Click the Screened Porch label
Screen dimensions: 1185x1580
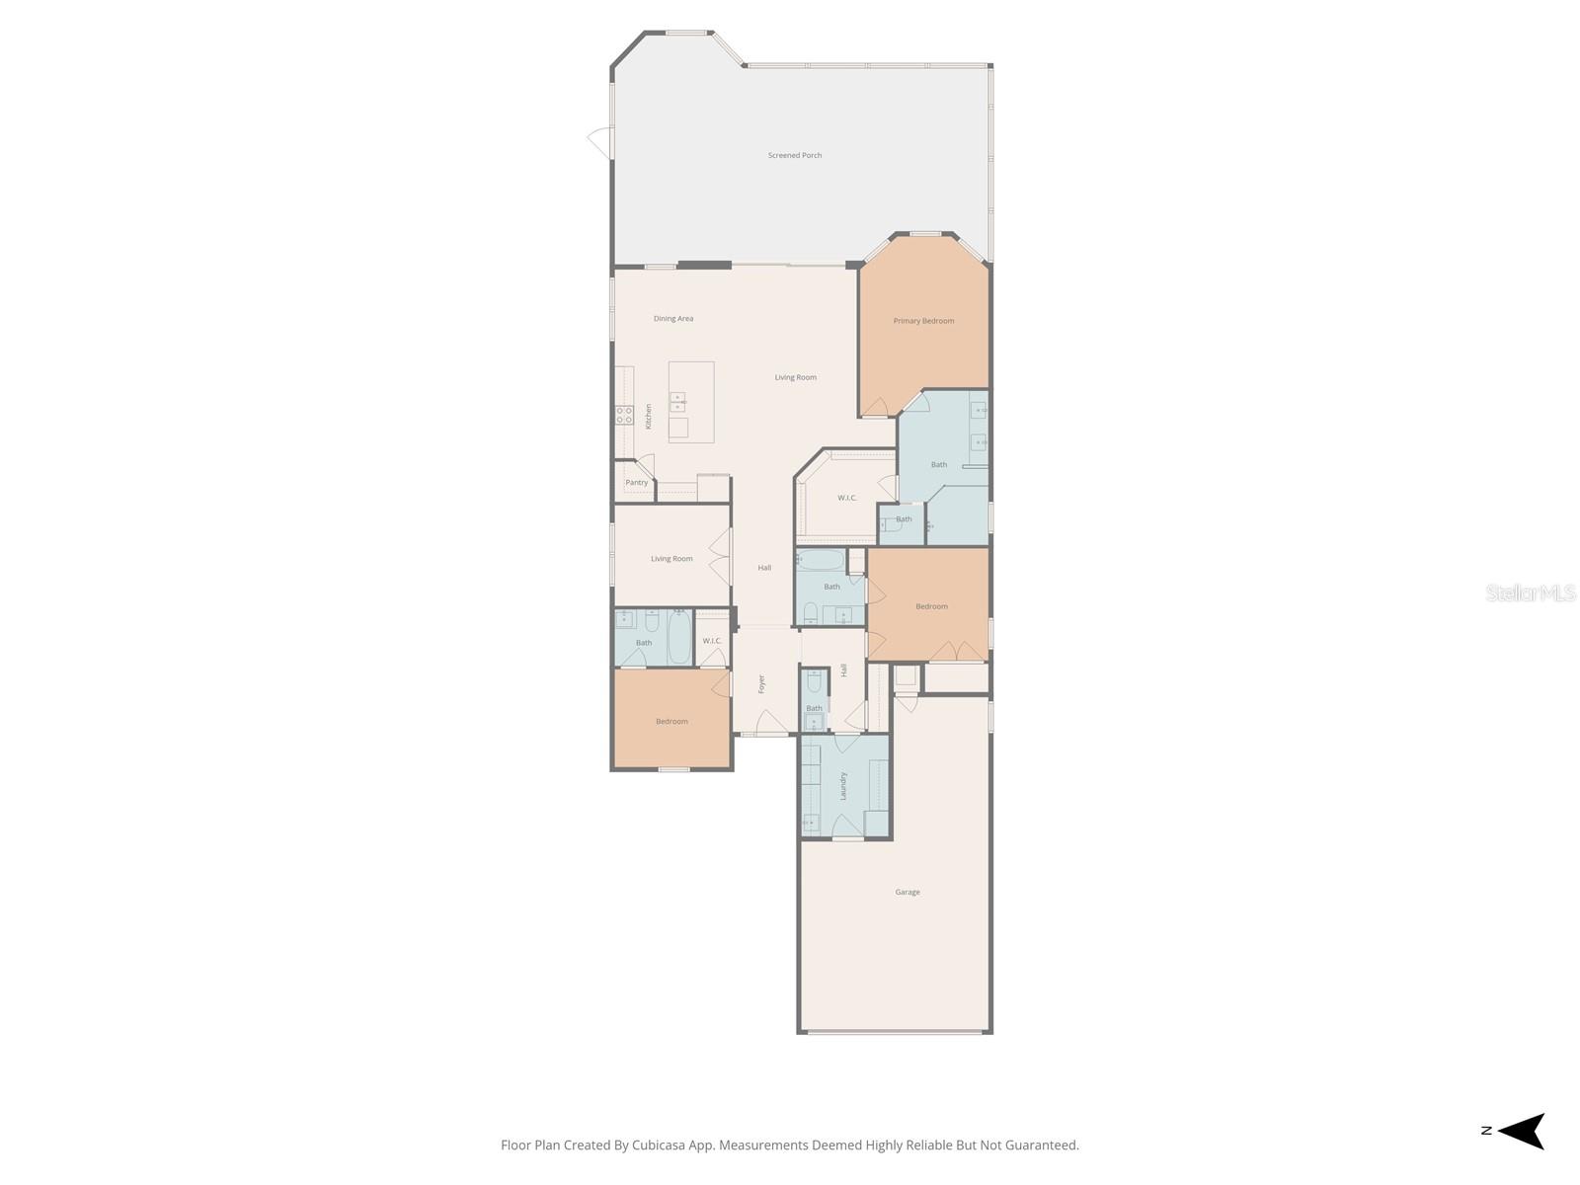tap(795, 155)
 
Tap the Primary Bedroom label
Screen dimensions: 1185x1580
tap(923, 321)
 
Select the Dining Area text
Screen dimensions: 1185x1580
tap(673, 319)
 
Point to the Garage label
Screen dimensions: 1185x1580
tap(908, 892)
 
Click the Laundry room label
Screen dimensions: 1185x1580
tap(843, 785)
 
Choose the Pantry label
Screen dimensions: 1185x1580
tap(637, 483)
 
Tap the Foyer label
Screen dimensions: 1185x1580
tap(761, 683)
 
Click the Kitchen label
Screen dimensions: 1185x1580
tap(649, 416)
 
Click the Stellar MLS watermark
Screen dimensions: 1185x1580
tap(1531, 592)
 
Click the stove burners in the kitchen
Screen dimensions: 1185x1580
tap(624, 415)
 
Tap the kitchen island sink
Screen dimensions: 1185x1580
tap(678, 402)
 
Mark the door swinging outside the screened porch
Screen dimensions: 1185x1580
tap(598, 142)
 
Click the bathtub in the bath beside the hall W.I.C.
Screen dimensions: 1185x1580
tap(679, 637)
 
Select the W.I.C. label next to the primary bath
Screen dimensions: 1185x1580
tap(847, 498)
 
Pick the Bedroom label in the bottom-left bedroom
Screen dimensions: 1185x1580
tap(671, 722)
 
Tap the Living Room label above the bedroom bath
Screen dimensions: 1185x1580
tap(671, 559)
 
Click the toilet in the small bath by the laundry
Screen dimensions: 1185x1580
tap(815, 680)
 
